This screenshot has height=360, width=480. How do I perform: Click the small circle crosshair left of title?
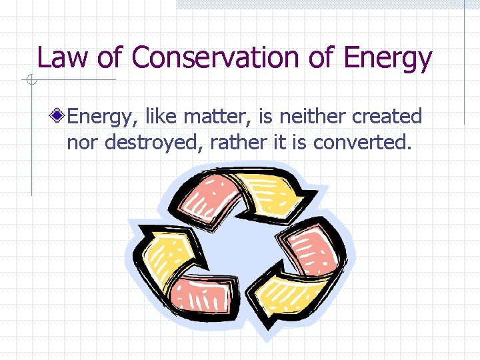point(31,81)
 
